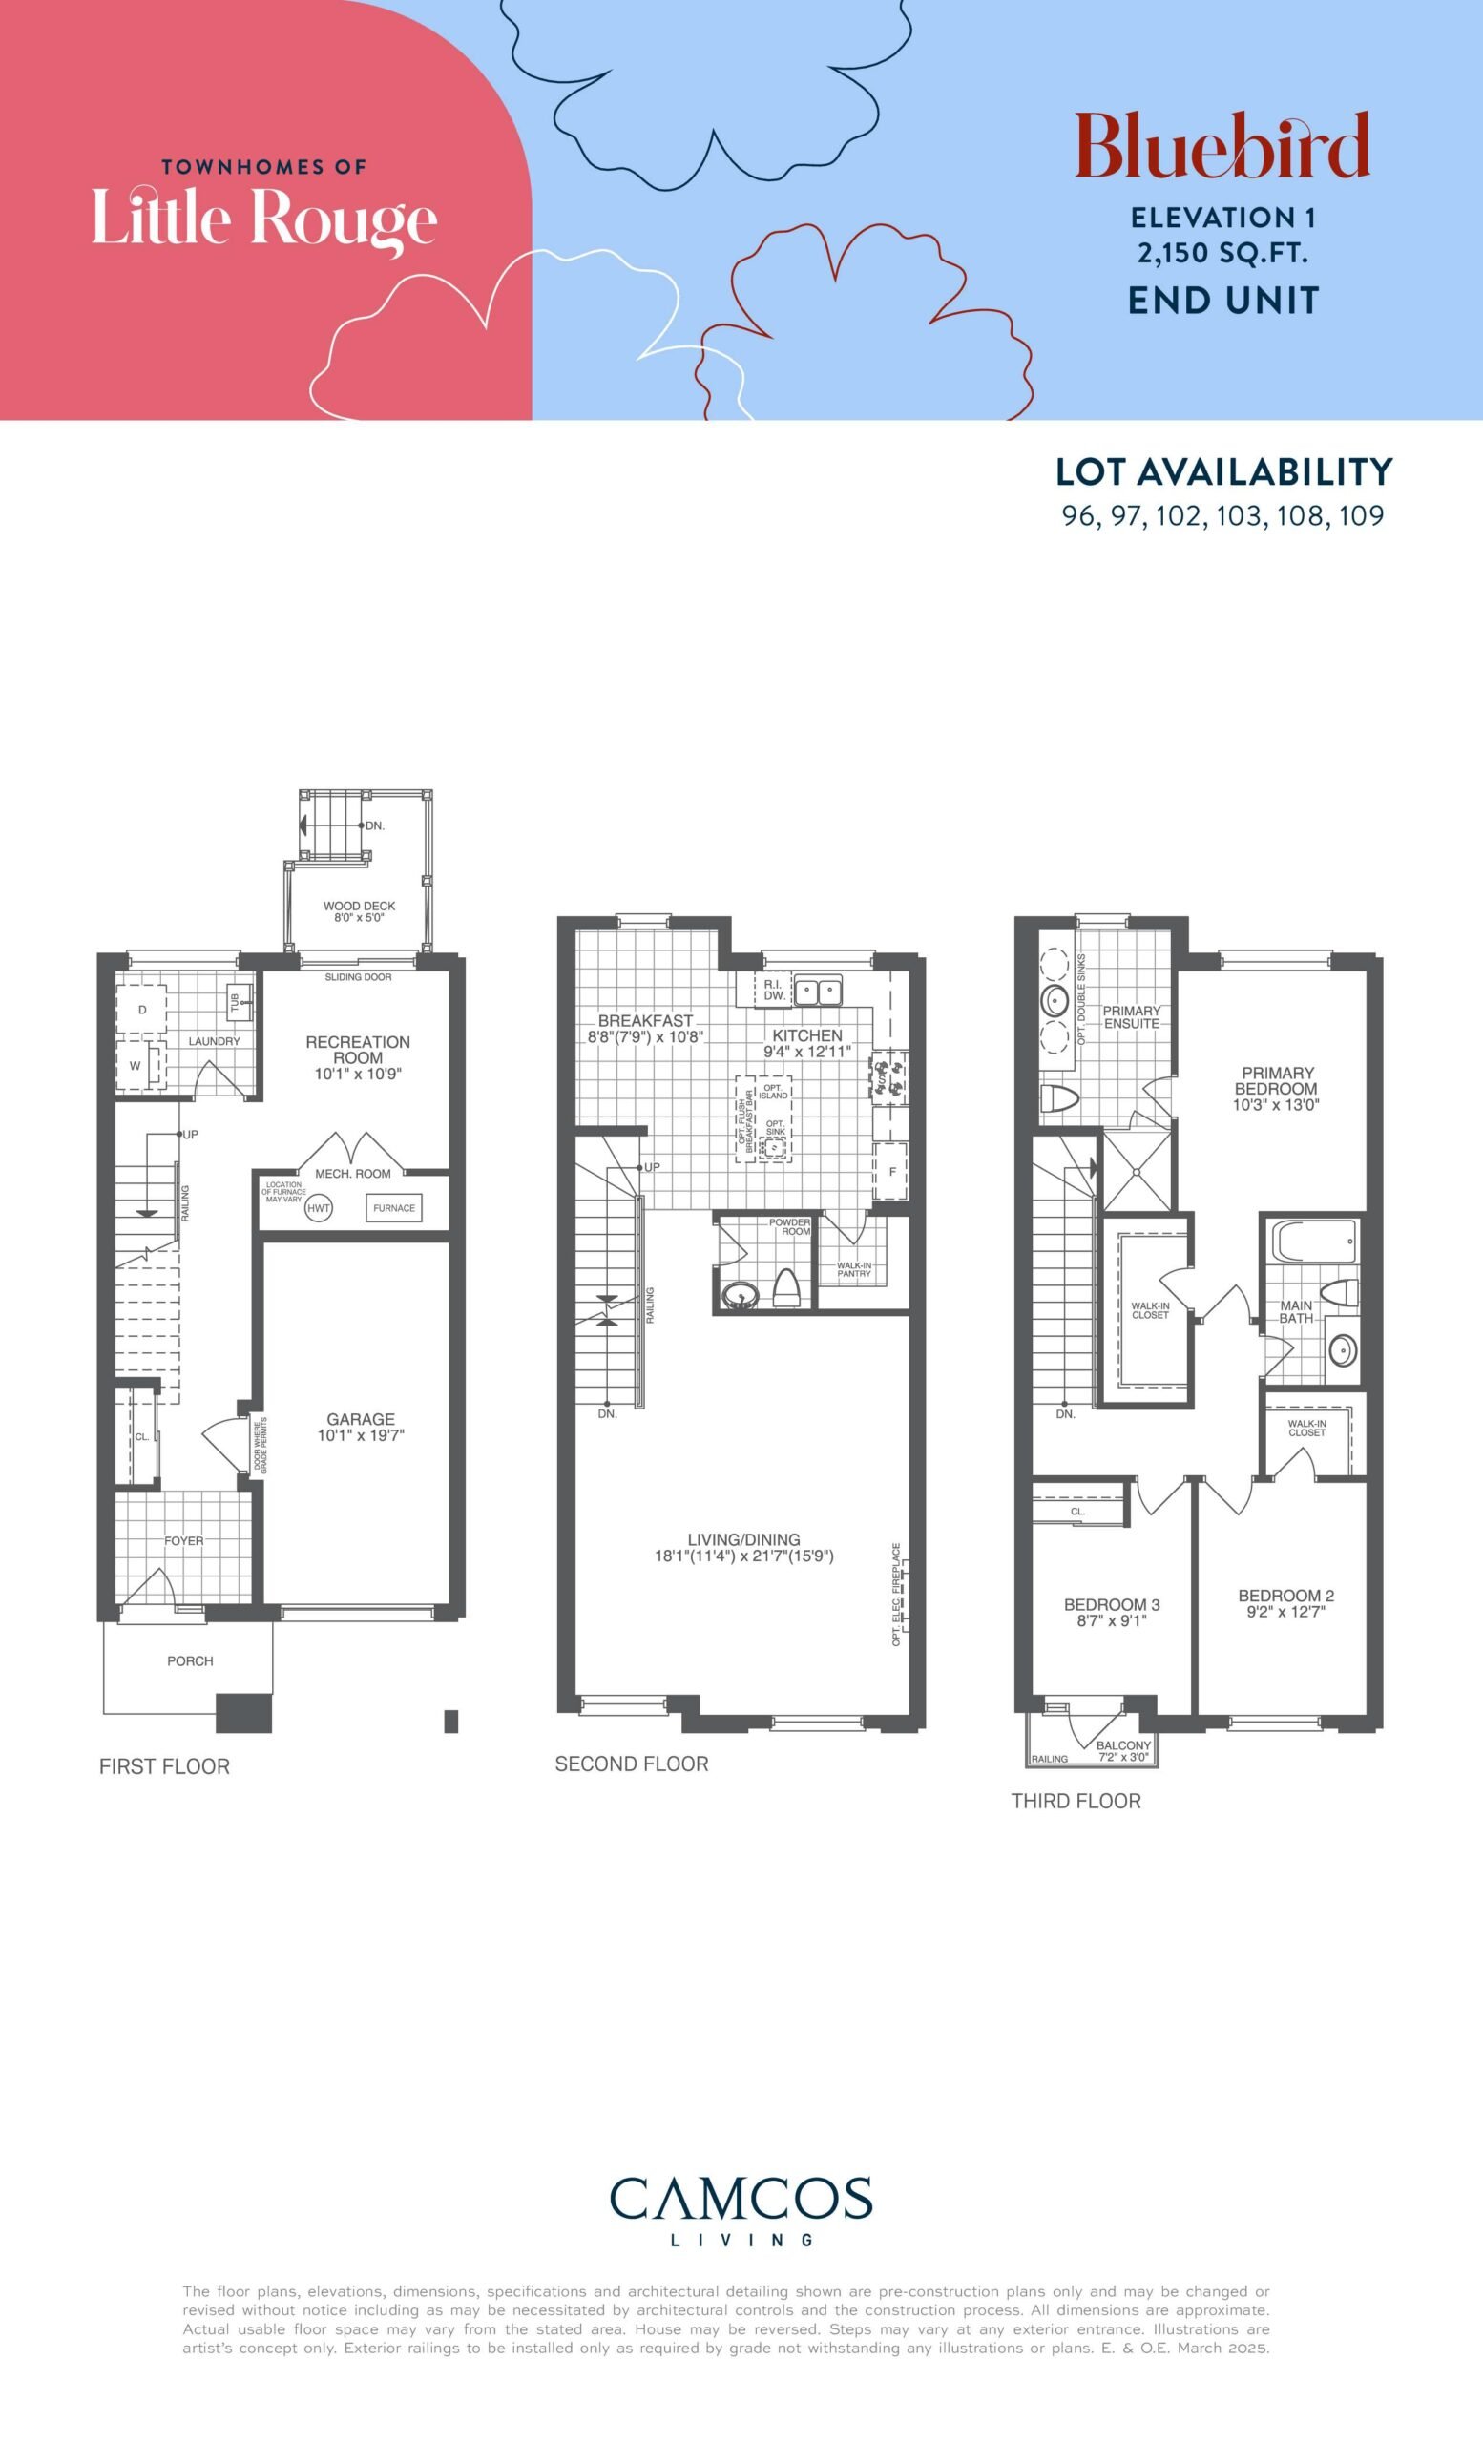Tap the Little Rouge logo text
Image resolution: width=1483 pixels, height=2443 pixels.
pyautogui.click(x=264, y=219)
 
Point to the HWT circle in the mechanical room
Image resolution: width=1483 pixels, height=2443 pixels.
pyautogui.click(x=318, y=1208)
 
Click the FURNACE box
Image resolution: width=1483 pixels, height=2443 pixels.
pyautogui.click(x=393, y=1207)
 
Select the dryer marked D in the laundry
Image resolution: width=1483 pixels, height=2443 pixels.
pyautogui.click(x=141, y=1011)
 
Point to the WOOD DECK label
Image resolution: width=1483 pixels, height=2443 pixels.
pyautogui.click(x=359, y=907)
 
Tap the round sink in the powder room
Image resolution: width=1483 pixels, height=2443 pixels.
pyautogui.click(x=738, y=1295)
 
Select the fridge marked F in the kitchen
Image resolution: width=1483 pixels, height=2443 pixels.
pyautogui.click(x=891, y=1171)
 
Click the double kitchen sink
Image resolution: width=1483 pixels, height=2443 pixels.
pyautogui.click(x=818, y=990)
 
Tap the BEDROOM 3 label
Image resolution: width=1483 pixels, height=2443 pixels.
pyautogui.click(x=1111, y=1604)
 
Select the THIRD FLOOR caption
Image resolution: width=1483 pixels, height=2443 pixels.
pyautogui.click(x=1076, y=1801)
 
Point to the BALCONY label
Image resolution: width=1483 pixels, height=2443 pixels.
pyautogui.click(x=1123, y=1745)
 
